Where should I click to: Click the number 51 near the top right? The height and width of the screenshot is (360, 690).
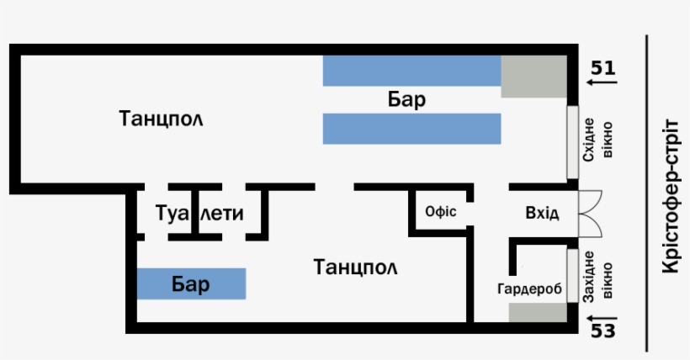coord(602,68)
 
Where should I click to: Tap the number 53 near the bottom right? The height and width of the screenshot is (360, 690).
coord(602,330)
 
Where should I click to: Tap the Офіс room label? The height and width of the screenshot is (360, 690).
coord(441,211)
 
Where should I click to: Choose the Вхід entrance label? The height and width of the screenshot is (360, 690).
coord(541,212)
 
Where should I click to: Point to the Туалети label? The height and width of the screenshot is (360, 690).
coord(199,214)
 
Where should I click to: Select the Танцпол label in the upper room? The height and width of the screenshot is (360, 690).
coord(162,117)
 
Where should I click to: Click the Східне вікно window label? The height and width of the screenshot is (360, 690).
coord(592,140)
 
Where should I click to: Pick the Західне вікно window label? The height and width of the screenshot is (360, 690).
coord(592,277)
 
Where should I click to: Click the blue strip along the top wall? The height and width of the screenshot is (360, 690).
coord(412,71)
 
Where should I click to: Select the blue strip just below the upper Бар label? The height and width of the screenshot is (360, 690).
coord(412,129)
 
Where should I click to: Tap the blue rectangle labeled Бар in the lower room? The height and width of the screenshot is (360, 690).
coord(191,284)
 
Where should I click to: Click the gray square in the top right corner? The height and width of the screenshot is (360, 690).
coord(533,77)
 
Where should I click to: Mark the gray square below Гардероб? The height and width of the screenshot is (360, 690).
coord(538,312)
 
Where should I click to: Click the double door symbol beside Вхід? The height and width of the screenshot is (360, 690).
coord(590,212)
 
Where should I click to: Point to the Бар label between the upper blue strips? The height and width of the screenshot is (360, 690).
coord(406,100)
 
